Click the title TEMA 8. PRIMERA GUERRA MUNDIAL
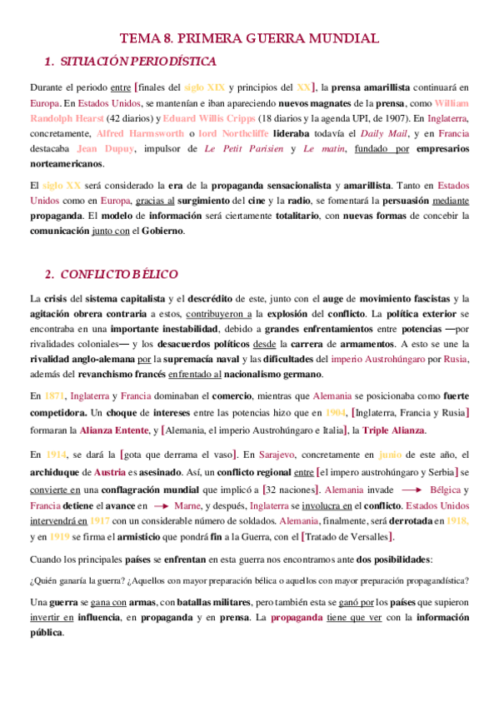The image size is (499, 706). tap(249, 38)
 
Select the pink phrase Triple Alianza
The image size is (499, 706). tap(395, 430)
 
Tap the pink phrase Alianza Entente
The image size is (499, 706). tap(115, 430)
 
